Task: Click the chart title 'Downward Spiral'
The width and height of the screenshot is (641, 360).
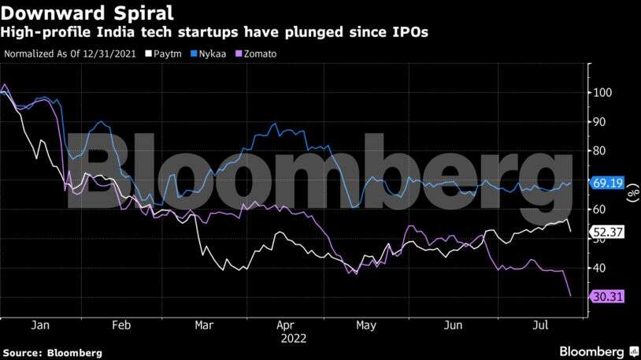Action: point(86,13)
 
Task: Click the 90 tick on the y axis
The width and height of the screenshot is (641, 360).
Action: point(602,121)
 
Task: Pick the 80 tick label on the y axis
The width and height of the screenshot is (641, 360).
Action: point(602,150)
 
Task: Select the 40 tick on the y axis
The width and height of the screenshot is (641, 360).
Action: point(602,268)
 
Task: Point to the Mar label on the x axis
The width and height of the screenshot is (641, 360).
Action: point(204,325)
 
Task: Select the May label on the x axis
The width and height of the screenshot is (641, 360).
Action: point(366,325)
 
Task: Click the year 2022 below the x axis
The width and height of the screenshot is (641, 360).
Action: point(292,338)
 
